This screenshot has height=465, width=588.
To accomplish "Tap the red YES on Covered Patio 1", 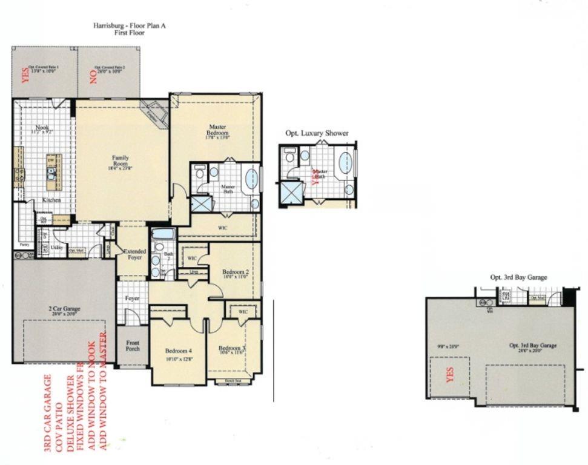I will coord(25,74).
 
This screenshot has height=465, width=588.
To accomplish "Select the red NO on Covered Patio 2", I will coord(93,75).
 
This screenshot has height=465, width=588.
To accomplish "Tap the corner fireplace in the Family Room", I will coord(155,112).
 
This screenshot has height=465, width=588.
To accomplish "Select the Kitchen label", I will coord(50,200).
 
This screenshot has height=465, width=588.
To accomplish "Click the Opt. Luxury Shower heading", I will coord(317,133).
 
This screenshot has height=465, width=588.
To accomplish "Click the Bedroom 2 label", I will coord(236,272).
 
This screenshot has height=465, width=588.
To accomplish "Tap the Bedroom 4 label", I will coord(179,351).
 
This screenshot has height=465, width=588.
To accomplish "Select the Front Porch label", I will coord(132,345).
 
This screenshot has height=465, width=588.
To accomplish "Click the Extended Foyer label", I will coord(134,254).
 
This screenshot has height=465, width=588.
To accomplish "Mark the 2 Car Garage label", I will coord(64,309).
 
